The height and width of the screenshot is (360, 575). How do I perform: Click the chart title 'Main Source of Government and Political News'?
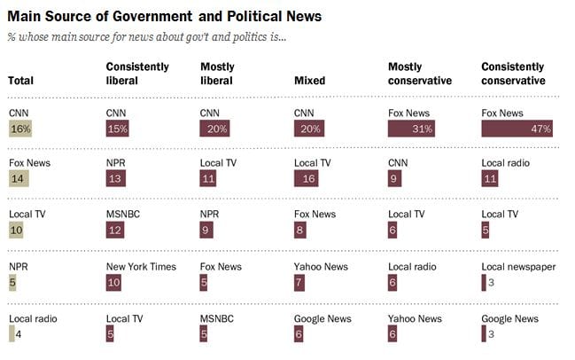164,16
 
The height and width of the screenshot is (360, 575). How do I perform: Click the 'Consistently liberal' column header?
134,74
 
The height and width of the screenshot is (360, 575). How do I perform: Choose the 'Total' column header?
20,81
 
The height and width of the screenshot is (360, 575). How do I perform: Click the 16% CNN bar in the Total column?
19,129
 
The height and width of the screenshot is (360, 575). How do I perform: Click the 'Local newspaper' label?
517,266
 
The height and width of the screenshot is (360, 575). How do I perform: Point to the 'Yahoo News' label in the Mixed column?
321,266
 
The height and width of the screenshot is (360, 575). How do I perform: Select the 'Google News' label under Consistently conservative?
509,317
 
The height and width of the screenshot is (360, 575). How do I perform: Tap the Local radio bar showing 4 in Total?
12,333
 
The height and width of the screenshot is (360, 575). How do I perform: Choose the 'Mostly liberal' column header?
218,74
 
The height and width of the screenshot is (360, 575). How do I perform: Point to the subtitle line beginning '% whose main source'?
146,36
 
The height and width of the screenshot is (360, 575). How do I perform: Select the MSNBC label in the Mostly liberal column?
216,317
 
